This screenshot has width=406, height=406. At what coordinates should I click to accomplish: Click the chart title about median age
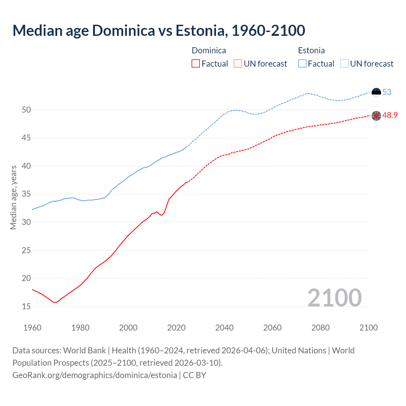[x=159, y=30]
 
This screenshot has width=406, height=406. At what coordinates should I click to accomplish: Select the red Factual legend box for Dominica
[x=196, y=64]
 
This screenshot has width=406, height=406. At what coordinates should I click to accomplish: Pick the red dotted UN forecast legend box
[x=238, y=64]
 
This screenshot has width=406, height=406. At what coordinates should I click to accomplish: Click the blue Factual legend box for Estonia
[x=302, y=64]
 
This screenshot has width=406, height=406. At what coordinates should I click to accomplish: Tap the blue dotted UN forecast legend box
[x=344, y=64]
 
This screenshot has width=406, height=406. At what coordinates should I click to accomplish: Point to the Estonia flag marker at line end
[x=376, y=92]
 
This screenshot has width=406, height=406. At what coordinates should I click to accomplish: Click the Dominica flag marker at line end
[x=376, y=116]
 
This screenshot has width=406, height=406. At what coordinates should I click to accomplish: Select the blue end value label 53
[x=387, y=92]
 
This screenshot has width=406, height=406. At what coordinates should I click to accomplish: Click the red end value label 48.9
[x=390, y=115]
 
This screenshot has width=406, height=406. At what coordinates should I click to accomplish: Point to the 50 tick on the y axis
[x=26, y=110]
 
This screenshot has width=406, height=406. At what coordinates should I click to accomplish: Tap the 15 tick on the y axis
[x=26, y=306]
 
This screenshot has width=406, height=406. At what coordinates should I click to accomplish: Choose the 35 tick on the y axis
[x=26, y=194]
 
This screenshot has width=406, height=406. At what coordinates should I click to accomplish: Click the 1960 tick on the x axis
[x=32, y=328]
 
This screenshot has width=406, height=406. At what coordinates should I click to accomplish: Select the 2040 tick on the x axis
[x=224, y=328]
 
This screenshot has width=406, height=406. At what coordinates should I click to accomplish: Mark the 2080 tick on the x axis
[x=320, y=328]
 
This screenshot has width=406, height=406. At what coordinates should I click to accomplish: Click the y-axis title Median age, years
[x=13, y=197]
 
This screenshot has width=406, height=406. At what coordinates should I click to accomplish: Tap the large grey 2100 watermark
[x=335, y=298]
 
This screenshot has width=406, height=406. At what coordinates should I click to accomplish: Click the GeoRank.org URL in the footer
[x=95, y=375]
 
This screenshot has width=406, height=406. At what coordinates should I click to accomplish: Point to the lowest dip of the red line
[x=55, y=302]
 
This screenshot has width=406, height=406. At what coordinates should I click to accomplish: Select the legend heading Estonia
[x=311, y=50]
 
